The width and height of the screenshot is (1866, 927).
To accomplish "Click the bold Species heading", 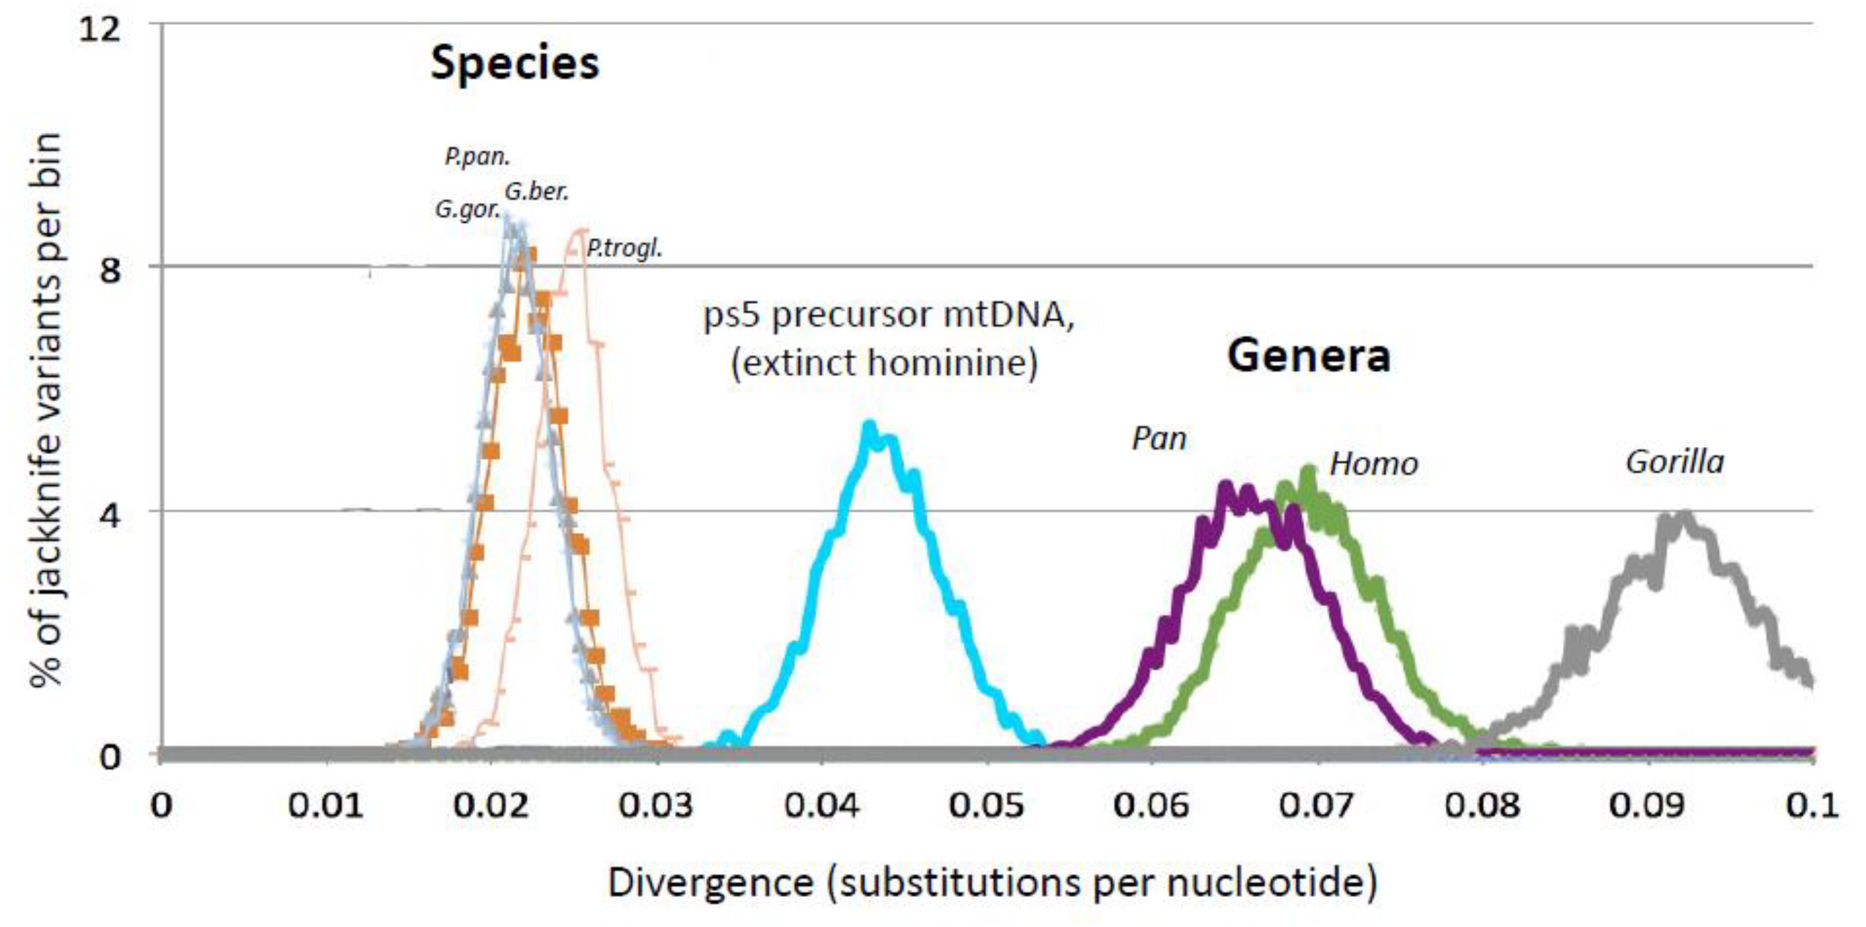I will (515, 64).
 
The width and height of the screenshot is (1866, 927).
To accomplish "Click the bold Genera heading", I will (1308, 356).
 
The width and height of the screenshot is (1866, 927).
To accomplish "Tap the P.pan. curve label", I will (478, 156).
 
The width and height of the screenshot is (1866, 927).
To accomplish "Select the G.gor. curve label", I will (467, 210).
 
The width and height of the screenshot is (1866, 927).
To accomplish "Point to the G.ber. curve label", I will (537, 192).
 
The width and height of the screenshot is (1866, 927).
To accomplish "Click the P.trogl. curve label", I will (624, 248).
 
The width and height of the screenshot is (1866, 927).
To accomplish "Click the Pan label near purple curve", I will (1159, 438).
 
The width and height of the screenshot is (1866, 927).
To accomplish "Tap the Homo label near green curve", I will (1373, 464).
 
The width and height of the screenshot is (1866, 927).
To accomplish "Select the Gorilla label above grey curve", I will (1675, 461).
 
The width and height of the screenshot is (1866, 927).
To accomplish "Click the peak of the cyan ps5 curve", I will (870, 426).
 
